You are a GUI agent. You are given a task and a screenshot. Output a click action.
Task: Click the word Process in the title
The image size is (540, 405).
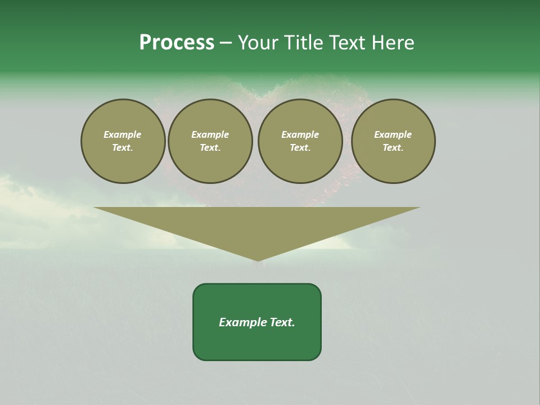tap(177, 43)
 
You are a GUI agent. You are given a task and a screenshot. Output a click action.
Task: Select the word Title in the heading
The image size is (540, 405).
tap(304, 43)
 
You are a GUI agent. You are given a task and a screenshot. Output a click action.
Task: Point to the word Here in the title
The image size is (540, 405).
tap(393, 43)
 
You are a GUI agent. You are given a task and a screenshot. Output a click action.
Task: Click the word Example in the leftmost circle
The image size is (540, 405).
tap(123, 134)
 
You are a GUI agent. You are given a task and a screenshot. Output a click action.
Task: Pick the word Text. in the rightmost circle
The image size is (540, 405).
tap(393, 148)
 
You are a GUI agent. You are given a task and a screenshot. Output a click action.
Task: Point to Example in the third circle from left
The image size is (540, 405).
tap(300, 134)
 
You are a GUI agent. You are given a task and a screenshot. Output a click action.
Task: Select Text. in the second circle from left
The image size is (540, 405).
tap(210, 148)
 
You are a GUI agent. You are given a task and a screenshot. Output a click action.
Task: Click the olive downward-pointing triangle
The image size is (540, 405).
tap(257, 225)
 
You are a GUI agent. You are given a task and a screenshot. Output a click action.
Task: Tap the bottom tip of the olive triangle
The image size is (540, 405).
tap(257, 260)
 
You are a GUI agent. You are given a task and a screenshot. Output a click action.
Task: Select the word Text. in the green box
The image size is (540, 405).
tap(282, 322)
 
